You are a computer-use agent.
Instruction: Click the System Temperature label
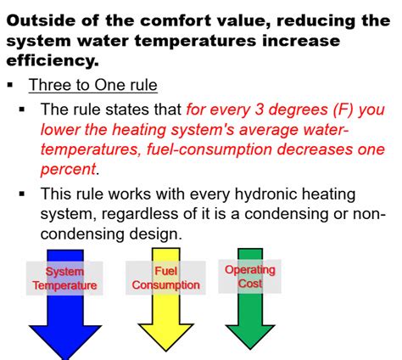coord(65,278)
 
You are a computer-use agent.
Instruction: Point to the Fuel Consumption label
coord(165,278)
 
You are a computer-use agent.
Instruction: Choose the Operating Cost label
coord(250,277)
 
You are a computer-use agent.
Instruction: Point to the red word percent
coord(70,168)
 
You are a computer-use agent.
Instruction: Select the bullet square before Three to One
coord(9,85)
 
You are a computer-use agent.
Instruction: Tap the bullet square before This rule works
coord(23,194)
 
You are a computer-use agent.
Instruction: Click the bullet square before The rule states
coord(23,110)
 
